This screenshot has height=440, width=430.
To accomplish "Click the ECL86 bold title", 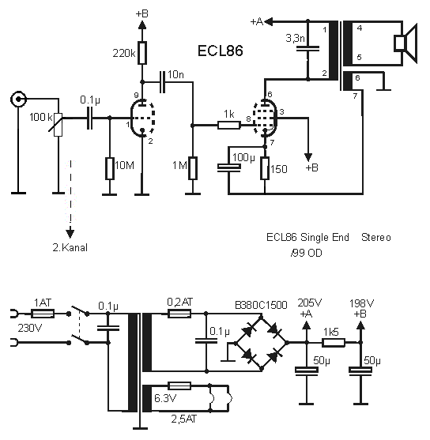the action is click(x=221, y=51).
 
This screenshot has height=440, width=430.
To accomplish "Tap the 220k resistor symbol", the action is click(x=142, y=53).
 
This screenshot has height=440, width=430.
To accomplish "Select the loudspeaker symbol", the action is click(x=405, y=43).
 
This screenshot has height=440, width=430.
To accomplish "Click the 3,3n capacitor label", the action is click(x=295, y=38).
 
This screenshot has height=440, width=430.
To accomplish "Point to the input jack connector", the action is click(x=18, y=99).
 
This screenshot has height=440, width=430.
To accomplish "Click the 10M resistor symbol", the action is click(x=110, y=168).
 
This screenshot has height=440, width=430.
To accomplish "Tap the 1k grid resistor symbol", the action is click(x=229, y=125).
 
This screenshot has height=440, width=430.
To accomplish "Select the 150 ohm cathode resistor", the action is click(x=265, y=168).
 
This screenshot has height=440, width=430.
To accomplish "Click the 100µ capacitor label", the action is click(x=243, y=158).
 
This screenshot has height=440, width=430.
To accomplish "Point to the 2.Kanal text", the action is click(x=70, y=247).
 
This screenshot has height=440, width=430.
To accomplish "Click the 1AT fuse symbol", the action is click(x=43, y=314).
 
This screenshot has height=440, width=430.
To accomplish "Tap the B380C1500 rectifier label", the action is click(x=261, y=305).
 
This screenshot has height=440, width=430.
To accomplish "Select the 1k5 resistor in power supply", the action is click(x=334, y=342).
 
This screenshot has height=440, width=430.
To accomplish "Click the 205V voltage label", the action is click(x=309, y=303).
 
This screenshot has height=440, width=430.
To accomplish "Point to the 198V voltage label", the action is click(x=361, y=303).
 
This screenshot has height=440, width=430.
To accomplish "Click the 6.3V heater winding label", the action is click(x=165, y=398).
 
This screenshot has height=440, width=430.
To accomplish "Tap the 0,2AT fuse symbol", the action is click(x=179, y=314).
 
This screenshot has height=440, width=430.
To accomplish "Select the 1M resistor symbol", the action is click(x=193, y=168).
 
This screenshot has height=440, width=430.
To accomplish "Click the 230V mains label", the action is click(x=30, y=328).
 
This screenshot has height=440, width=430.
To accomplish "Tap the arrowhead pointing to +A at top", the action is click(x=269, y=21).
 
